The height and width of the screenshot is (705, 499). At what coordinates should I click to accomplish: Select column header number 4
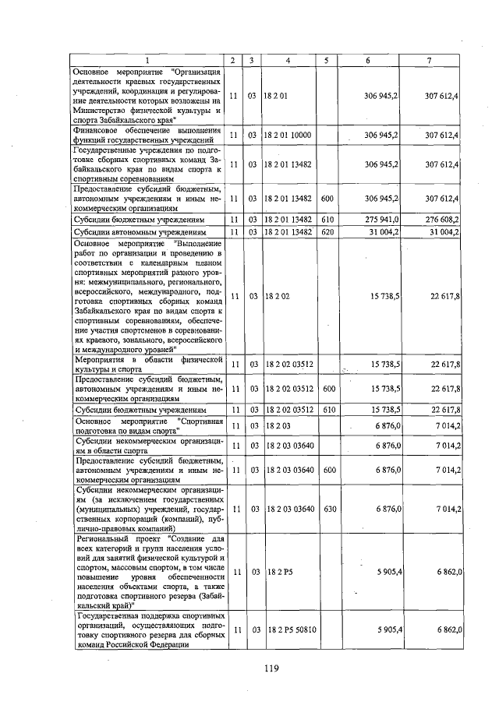288,61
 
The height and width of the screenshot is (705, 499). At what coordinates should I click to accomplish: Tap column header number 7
439,61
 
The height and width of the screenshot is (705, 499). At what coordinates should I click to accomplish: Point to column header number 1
146,61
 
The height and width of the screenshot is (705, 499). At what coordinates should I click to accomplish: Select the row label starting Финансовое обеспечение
146,135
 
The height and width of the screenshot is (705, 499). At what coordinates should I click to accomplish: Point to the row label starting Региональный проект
146,572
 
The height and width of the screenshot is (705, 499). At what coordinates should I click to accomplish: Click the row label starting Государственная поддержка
146,629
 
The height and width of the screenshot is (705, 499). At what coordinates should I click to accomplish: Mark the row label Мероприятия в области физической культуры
146,365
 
